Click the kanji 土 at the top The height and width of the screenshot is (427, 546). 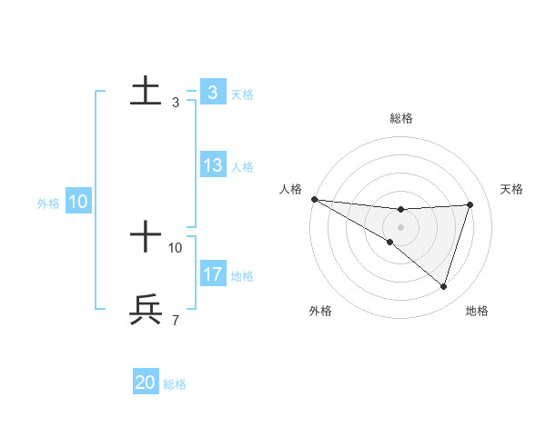(146, 91)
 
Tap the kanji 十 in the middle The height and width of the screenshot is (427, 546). (146, 236)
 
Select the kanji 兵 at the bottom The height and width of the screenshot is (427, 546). (146, 309)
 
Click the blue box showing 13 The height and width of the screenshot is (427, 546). (213, 165)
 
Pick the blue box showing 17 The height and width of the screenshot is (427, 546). (213, 274)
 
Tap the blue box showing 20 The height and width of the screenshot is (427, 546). (146, 382)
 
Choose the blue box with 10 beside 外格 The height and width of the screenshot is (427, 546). (77, 202)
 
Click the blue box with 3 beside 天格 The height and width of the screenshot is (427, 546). (213, 93)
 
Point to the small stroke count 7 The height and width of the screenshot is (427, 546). (175, 320)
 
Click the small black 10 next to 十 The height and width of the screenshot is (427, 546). (176, 247)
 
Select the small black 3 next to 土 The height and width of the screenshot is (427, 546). (175, 103)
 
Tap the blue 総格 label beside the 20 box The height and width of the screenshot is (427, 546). (175, 384)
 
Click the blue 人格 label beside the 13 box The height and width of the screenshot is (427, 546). (242, 167)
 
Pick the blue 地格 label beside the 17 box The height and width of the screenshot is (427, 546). (242, 276)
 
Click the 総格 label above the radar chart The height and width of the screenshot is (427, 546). (400, 118)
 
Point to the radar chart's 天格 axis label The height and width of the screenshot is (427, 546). (511, 189)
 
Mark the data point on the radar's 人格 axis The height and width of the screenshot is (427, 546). (314, 199)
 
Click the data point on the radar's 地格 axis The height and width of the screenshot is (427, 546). (444, 286)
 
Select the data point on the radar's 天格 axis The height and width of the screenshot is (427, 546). (470, 204)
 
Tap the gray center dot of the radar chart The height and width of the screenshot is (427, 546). (400, 227)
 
